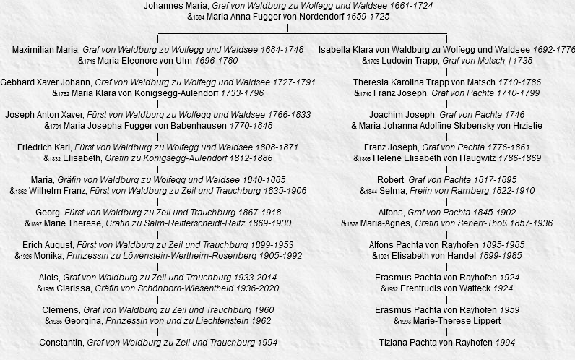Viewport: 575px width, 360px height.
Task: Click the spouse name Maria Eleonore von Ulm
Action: [144, 61]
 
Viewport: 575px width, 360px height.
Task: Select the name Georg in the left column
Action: [47, 213]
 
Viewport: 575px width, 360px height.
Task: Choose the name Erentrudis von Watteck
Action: [438, 288]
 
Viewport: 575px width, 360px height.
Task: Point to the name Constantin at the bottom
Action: [61, 343]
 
